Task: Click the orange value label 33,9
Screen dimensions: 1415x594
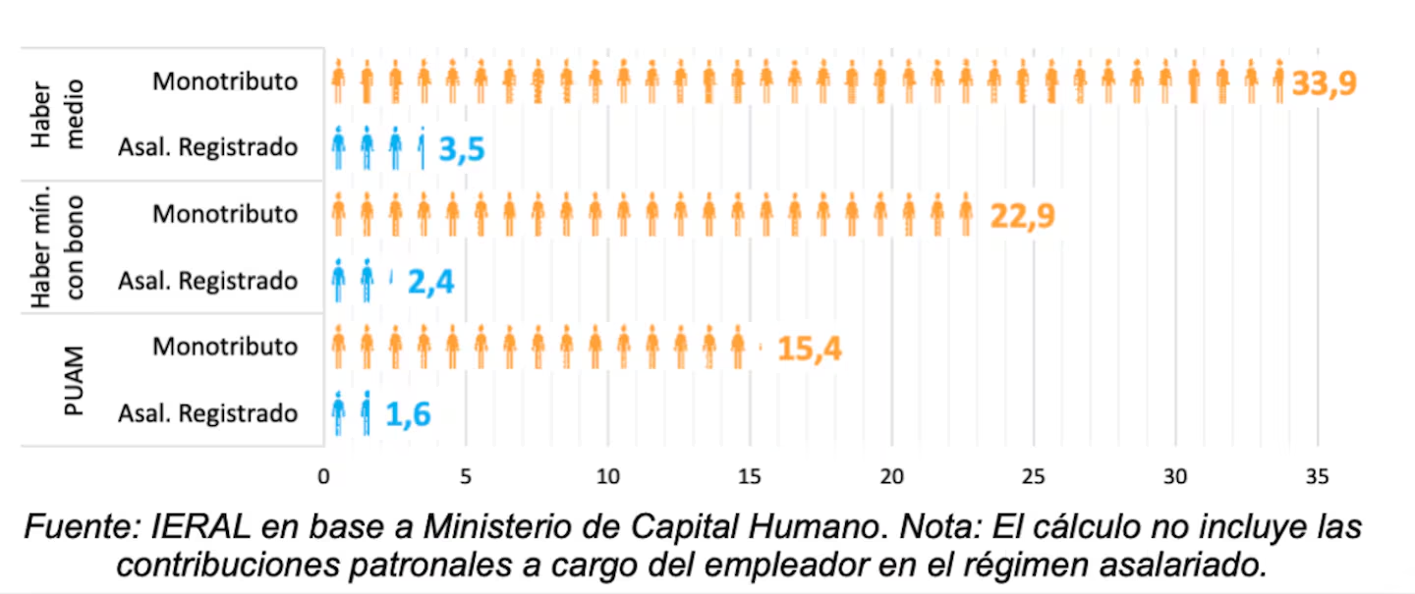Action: (x=1324, y=83)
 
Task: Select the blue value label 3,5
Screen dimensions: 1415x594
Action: (x=462, y=149)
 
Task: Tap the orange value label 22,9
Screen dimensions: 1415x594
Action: (x=1022, y=216)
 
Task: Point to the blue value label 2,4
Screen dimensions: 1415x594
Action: (x=430, y=282)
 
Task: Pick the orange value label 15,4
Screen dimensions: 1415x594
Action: (x=810, y=349)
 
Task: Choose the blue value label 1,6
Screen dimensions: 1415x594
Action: (x=408, y=414)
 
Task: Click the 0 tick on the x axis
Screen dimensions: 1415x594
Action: (x=323, y=476)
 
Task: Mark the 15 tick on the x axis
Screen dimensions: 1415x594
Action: (x=749, y=476)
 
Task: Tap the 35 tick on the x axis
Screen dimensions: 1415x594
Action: (x=1317, y=476)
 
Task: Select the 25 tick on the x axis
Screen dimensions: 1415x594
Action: (x=1034, y=476)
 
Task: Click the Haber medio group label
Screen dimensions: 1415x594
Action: (x=57, y=114)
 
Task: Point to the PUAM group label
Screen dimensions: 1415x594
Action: (x=74, y=381)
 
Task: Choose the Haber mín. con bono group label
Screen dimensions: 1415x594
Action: (x=57, y=246)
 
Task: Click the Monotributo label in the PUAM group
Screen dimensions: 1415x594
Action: (x=225, y=347)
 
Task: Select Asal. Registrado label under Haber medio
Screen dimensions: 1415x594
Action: (x=208, y=147)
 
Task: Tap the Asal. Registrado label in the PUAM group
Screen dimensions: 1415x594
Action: (x=208, y=413)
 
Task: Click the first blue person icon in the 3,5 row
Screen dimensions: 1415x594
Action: (x=339, y=147)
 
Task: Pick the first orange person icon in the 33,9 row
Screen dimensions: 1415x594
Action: (x=339, y=81)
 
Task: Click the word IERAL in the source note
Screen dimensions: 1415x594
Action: (x=200, y=527)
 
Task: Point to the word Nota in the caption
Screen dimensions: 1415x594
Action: (x=940, y=527)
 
